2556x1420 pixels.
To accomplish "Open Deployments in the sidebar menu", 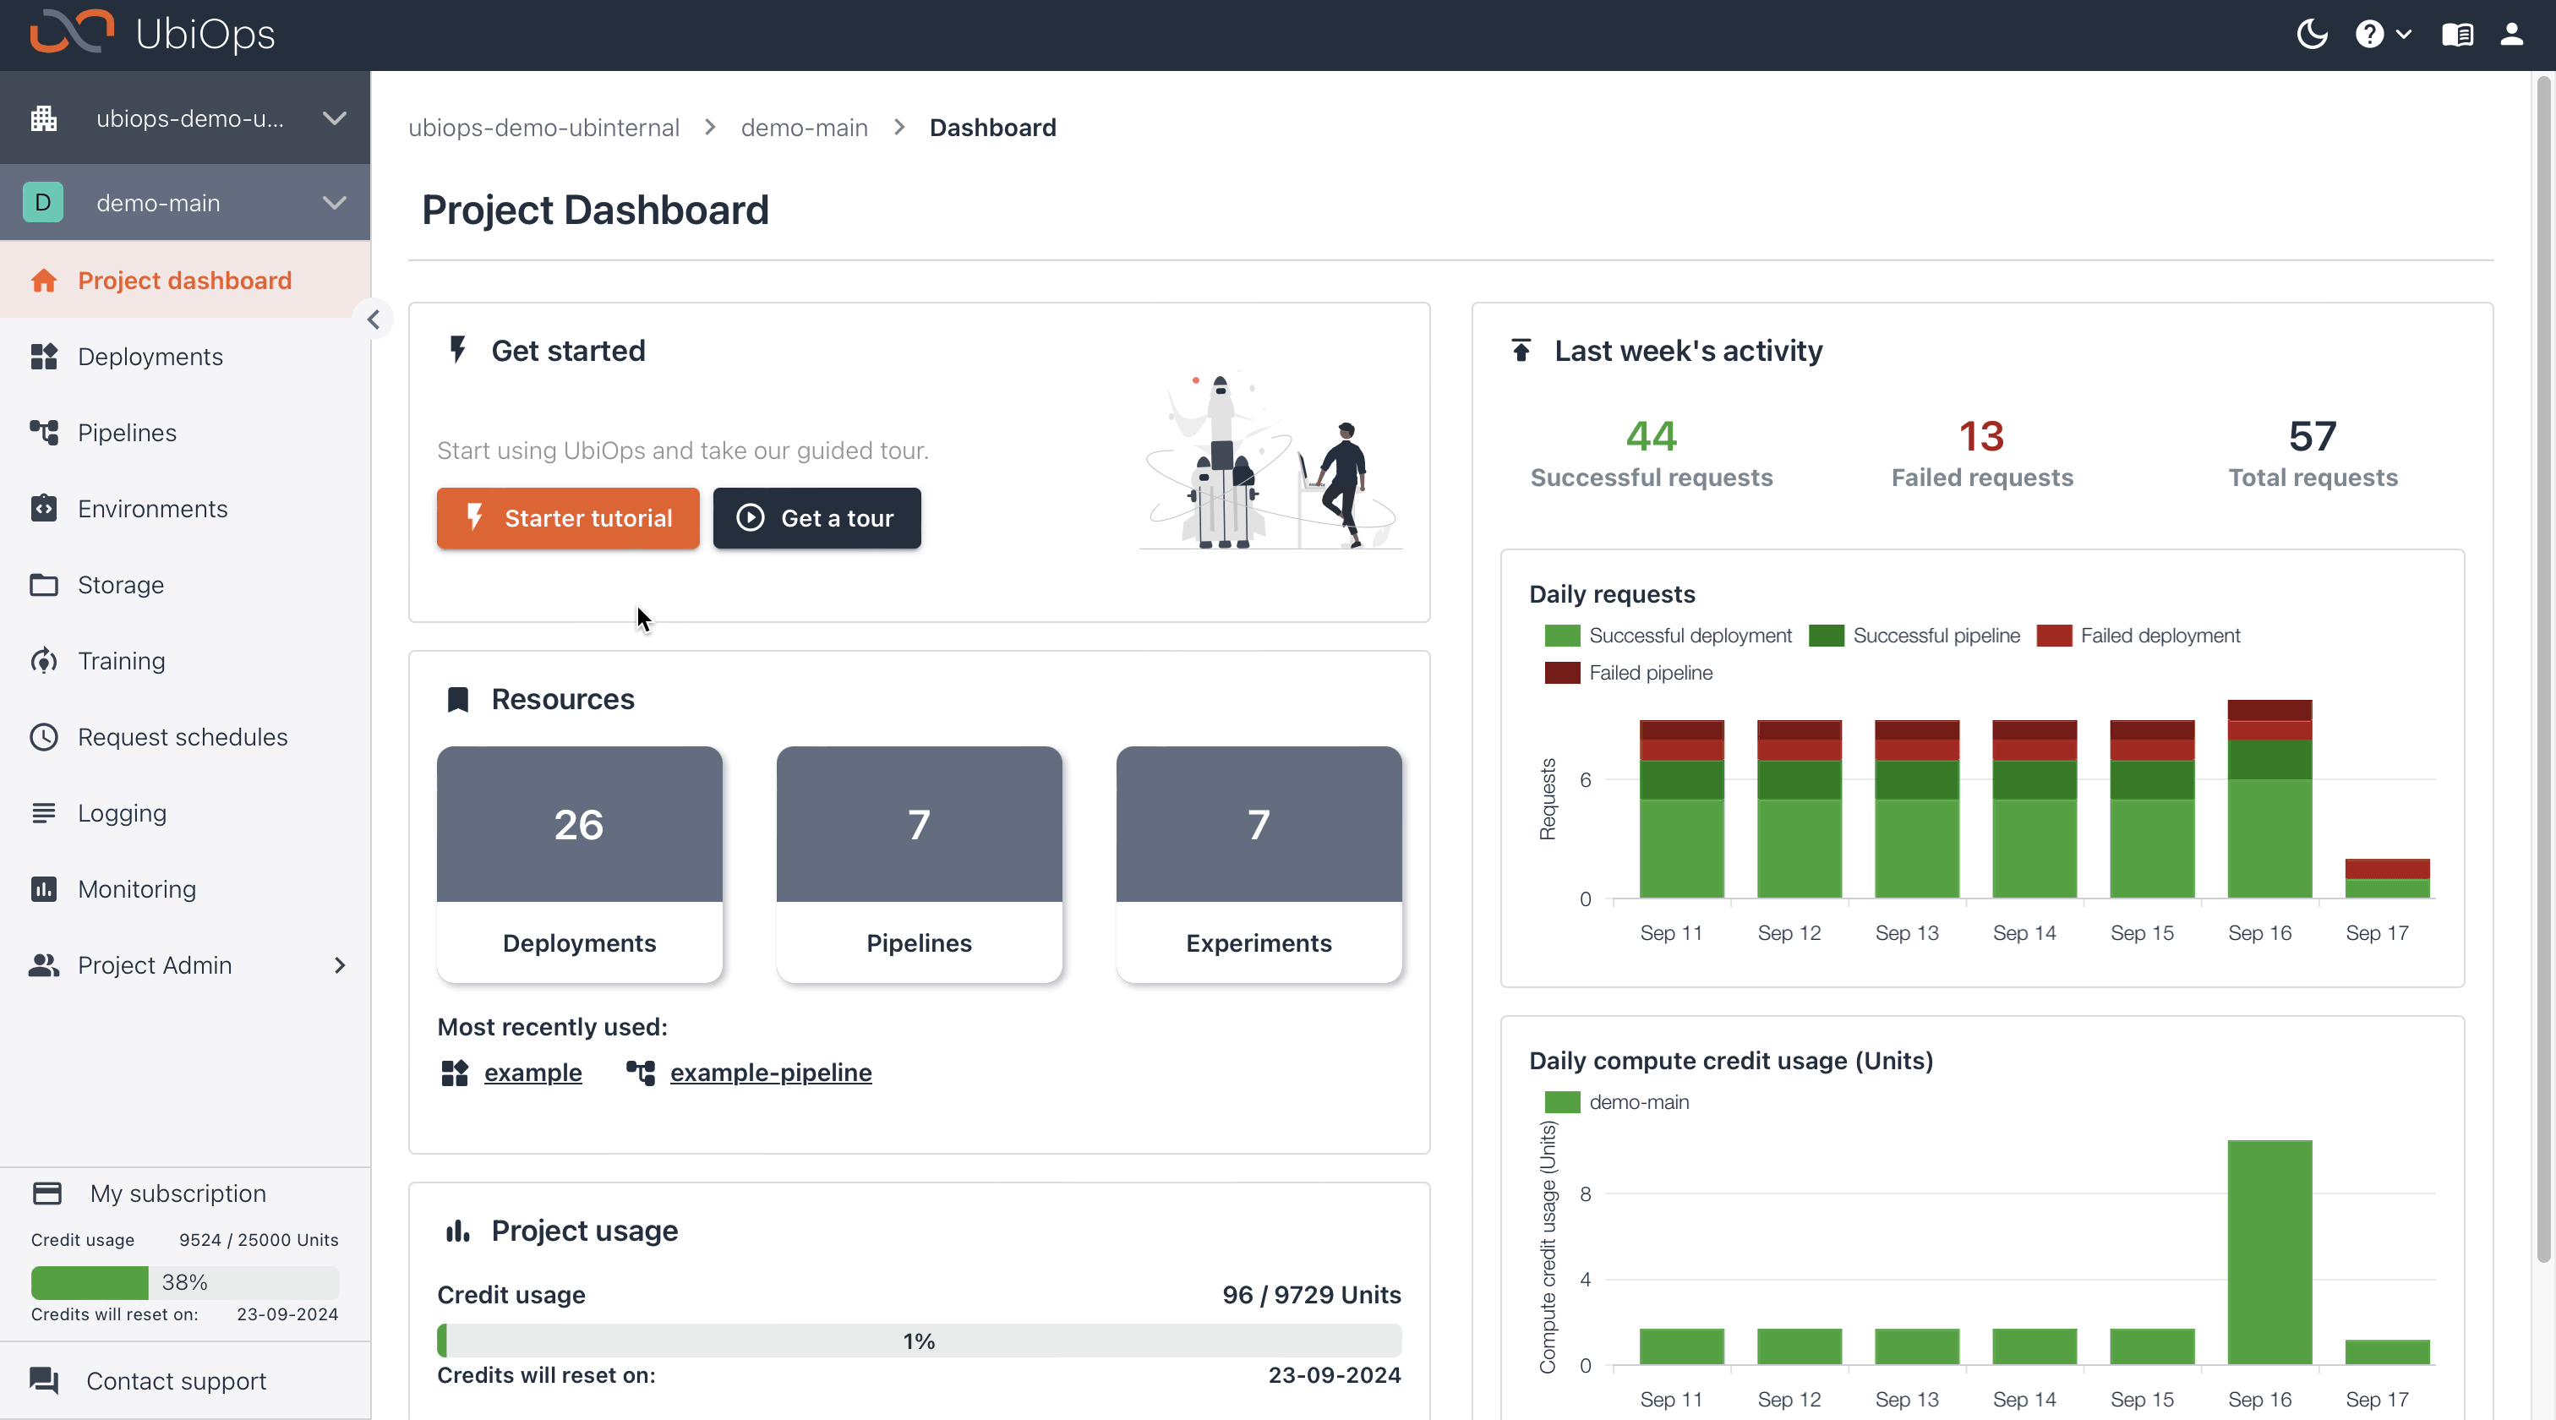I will click(150, 358).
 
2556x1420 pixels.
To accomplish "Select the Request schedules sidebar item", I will click(183, 737).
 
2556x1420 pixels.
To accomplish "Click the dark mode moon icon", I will click(2311, 35).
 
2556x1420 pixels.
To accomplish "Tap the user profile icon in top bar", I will click(2511, 35).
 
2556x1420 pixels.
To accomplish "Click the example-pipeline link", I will click(770, 1073).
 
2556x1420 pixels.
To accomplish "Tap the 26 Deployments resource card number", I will click(578, 825).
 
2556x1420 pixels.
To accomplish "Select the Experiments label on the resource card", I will click(1259, 942).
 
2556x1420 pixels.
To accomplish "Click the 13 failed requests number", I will click(1980, 437).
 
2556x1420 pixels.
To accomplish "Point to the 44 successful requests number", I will click(1651, 437).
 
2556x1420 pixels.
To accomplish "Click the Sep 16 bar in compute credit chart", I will click(2269, 1253).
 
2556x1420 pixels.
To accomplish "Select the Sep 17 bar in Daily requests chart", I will click(2386, 878).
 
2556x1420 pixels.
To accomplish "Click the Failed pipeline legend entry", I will click(1649, 673).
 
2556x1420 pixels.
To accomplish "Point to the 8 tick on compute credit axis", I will click(1586, 1193).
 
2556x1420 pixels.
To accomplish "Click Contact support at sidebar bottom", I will click(176, 1381).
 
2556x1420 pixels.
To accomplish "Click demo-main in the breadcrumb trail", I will click(804, 128).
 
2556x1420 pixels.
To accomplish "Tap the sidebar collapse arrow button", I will click(373, 319).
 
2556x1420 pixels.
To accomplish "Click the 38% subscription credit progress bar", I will click(184, 1282).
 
